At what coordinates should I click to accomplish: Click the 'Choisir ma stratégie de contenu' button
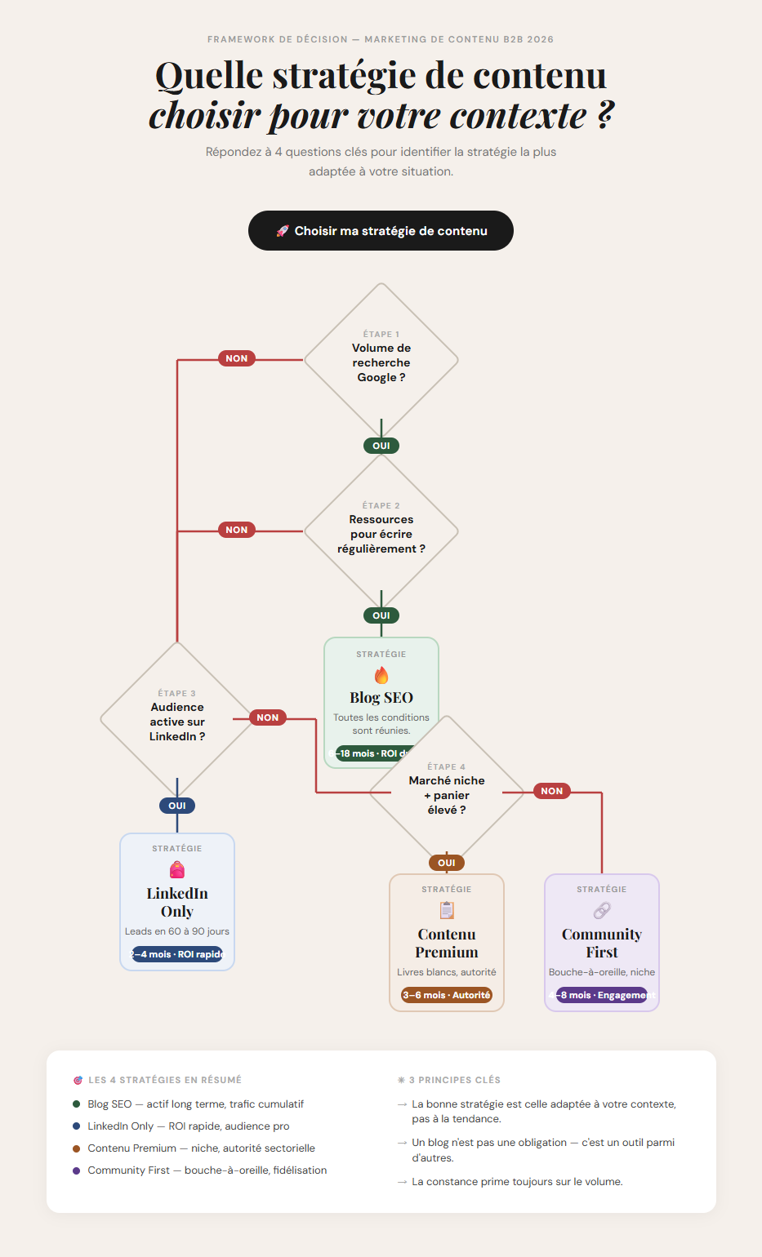point(381,231)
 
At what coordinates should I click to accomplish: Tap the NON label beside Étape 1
point(236,358)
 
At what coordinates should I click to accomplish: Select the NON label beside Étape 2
point(236,530)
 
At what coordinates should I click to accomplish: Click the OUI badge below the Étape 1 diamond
point(381,446)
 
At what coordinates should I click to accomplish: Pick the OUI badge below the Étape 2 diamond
point(381,615)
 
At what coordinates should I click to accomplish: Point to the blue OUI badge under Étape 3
point(177,806)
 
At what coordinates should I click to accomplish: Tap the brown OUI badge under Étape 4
point(447,863)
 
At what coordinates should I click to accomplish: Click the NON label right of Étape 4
point(552,791)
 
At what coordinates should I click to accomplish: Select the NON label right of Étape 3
point(268,717)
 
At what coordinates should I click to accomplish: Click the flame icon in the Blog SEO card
point(381,675)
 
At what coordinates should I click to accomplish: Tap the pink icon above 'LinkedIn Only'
point(177,870)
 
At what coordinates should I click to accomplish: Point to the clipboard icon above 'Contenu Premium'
point(447,910)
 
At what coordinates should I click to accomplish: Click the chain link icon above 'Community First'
point(602,910)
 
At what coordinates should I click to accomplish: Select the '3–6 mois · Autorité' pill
point(447,995)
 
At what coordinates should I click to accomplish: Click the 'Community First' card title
point(602,943)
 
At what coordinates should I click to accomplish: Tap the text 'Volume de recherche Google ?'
point(381,362)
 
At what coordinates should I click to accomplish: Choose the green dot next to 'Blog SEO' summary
point(77,1104)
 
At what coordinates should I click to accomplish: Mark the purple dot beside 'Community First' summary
point(77,1170)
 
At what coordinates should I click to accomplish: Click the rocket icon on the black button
point(283,231)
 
